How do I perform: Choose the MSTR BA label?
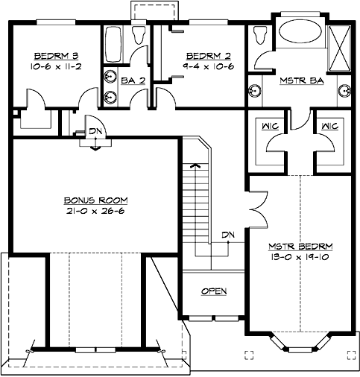coord(300,80)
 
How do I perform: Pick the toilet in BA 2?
coord(138,37)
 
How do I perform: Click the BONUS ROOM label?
coord(95,200)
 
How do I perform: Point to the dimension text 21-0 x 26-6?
coord(95,211)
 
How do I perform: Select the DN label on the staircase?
coord(229,236)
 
